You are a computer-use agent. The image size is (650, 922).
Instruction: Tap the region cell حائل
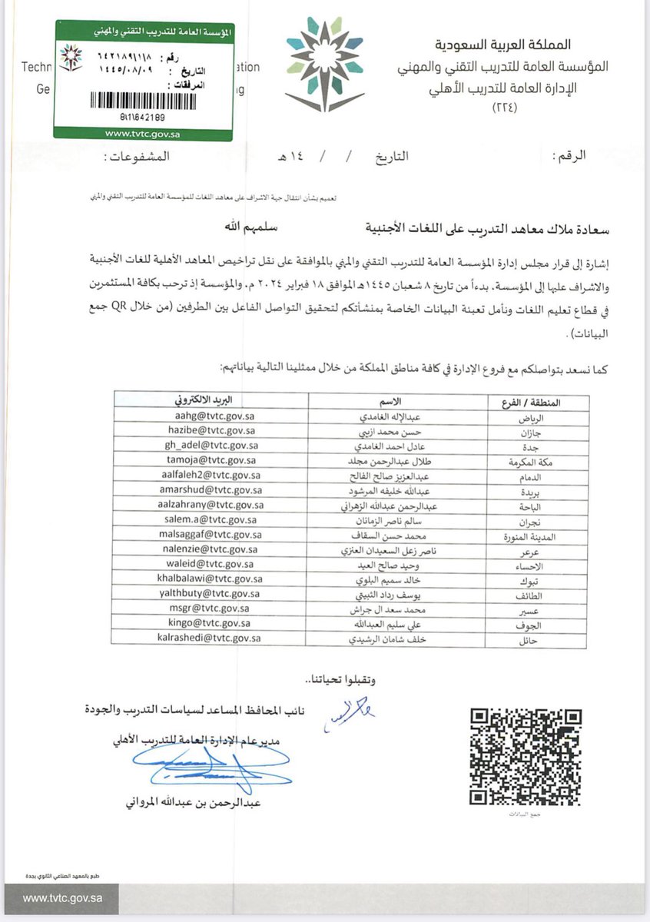tap(572, 638)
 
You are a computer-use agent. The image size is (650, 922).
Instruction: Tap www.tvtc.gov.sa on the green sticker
tap(143, 132)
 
